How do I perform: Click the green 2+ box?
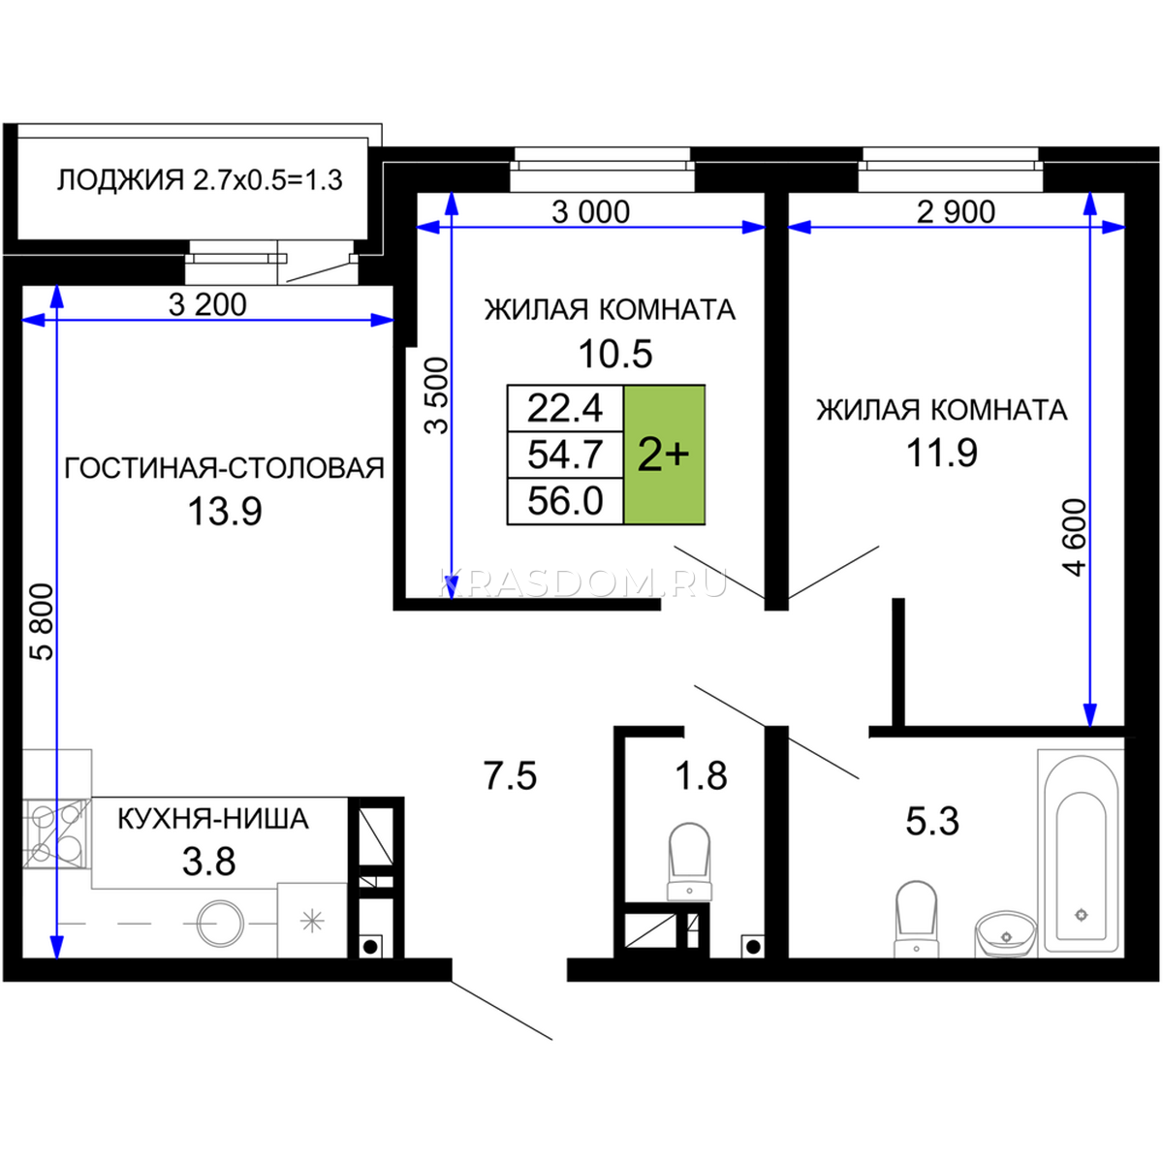[665, 455]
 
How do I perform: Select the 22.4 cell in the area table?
[565, 408]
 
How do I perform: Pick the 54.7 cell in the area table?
[565, 455]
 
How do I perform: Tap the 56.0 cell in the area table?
[565, 501]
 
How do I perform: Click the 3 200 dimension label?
[207, 304]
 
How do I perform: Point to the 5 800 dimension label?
[44, 622]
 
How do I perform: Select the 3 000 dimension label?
[591, 212]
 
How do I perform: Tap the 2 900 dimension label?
[956, 212]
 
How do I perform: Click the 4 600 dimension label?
[1075, 538]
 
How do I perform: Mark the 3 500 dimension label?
[436, 396]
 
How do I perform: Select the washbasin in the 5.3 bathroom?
[1005, 933]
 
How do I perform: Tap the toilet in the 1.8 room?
[689, 863]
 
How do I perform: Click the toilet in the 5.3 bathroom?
[916, 919]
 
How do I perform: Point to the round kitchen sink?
[221, 923]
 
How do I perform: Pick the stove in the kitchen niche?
[57, 833]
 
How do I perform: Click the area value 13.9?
[225, 511]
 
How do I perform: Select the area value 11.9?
[941, 453]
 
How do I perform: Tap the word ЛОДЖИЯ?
[121, 180]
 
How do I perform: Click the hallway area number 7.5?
[510, 775]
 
